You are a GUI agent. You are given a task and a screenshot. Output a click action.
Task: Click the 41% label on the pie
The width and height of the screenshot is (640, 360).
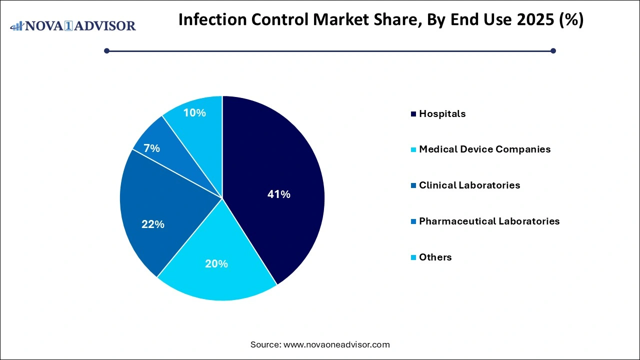(278, 194)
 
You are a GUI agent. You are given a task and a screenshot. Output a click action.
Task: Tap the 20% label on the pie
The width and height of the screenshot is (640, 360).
(216, 263)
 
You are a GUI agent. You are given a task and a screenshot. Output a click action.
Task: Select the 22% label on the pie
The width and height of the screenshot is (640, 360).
(152, 224)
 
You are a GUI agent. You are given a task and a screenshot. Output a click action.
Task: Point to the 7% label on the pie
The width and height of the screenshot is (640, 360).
(151, 148)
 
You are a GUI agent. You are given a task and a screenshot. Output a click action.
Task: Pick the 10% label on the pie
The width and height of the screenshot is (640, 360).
(194, 113)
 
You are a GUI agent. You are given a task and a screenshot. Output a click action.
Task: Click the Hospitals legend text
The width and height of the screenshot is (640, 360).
(442, 113)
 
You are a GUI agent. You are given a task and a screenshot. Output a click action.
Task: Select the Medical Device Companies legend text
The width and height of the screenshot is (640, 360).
(484, 149)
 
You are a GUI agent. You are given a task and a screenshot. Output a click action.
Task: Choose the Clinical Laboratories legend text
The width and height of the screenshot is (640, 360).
(469, 185)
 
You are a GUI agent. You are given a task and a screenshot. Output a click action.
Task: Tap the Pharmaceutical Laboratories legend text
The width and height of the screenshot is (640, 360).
(489, 221)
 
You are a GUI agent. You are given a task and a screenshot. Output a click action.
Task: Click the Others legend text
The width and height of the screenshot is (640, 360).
(435, 257)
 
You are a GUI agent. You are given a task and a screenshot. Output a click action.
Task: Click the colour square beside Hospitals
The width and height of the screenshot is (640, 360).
(413, 114)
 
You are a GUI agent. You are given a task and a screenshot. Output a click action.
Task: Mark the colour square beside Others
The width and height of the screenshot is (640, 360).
(413, 257)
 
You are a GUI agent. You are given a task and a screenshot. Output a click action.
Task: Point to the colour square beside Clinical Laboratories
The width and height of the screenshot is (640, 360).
(413, 185)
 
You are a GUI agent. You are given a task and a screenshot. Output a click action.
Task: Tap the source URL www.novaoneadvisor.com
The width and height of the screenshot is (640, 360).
(336, 344)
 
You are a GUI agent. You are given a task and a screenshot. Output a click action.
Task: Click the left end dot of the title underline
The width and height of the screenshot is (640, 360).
(106, 50)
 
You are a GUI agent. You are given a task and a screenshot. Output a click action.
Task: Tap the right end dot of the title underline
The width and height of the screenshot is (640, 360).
(553, 50)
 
